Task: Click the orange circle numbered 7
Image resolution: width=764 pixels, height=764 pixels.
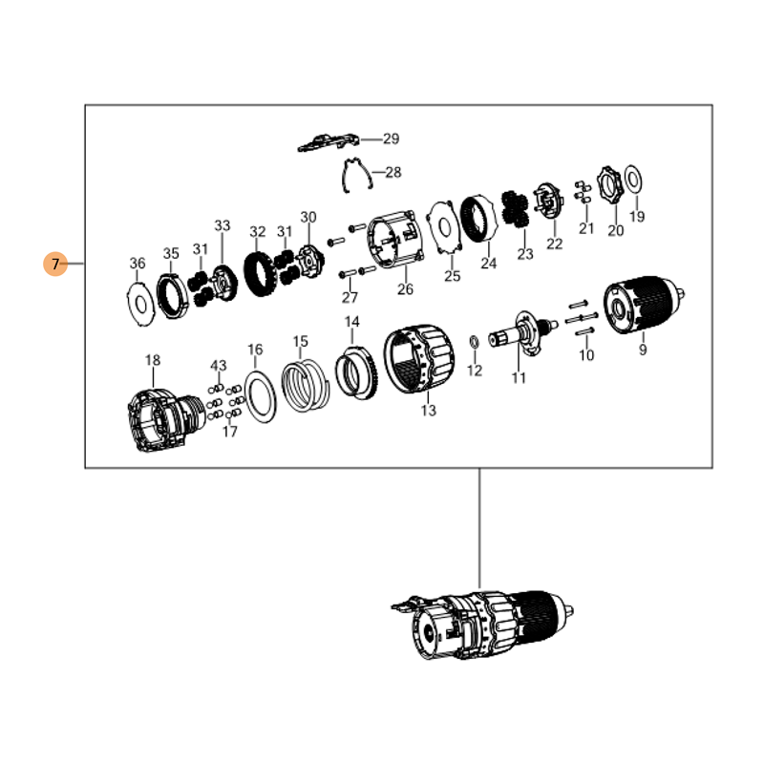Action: click(x=55, y=264)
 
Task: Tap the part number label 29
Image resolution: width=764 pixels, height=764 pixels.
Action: click(x=391, y=138)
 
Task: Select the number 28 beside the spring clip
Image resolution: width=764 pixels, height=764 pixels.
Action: click(x=393, y=172)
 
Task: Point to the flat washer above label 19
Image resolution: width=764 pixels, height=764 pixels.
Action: click(x=633, y=180)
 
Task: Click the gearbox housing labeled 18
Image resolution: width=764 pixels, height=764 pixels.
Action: click(x=165, y=420)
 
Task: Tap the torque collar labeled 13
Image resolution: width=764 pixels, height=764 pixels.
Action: click(x=419, y=360)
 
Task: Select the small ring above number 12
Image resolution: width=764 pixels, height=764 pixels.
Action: click(x=474, y=342)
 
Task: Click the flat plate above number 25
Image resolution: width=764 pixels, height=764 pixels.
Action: click(x=444, y=226)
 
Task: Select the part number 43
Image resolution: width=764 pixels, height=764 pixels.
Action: click(x=219, y=366)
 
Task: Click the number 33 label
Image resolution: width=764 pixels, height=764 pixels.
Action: click(x=223, y=225)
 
